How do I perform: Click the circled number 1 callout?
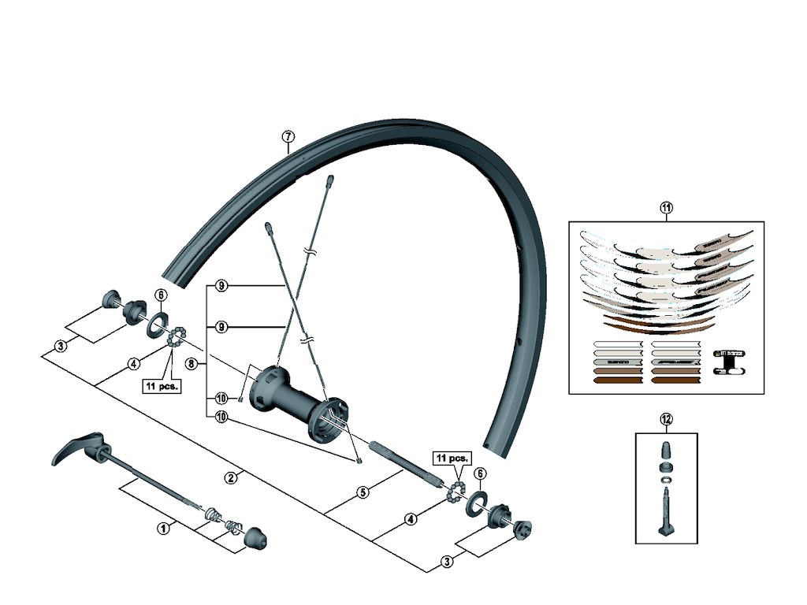pyautogui.click(x=164, y=528)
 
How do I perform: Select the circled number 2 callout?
pyautogui.click(x=231, y=477)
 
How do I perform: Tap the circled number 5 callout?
pyautogui.click(x=363, y=492)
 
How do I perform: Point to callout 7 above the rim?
pyautogui.click(x=288, y=136)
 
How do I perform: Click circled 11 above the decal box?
pyautogui.click(x=666, y=208)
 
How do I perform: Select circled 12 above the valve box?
pyautogui.click(x=667, y=419)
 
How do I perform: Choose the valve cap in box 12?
pyautogui.click(x=666, y=452)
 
